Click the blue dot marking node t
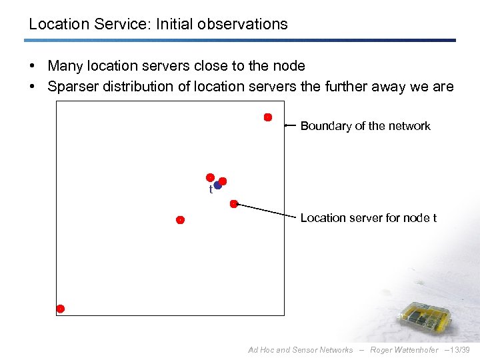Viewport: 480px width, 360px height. tap(217, 185)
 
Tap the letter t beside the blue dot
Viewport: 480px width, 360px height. tap(211, 190)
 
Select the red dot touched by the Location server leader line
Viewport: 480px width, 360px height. tap(234, 204)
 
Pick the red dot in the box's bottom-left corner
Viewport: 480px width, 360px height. tap(60, 309)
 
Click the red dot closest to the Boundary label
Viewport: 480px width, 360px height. tap(268, 117)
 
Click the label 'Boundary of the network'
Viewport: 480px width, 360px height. tap(365, 126)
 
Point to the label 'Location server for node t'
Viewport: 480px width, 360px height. tap(369, 218)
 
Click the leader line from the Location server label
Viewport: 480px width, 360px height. tap(267, 211)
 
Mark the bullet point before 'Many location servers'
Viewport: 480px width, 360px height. tap(33, 66)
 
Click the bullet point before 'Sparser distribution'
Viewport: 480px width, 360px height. tap(33, 87)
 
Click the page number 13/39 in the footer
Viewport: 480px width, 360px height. tap(460, 350)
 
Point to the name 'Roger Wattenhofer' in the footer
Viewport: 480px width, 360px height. tap(404, 350)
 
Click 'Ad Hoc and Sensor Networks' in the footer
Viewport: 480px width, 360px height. tap(301, 350)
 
